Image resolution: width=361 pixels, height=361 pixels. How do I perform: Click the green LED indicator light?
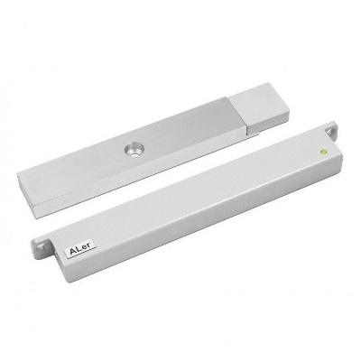click(324, 152)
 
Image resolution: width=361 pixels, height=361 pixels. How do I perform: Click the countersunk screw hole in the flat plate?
click(134, 150)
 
